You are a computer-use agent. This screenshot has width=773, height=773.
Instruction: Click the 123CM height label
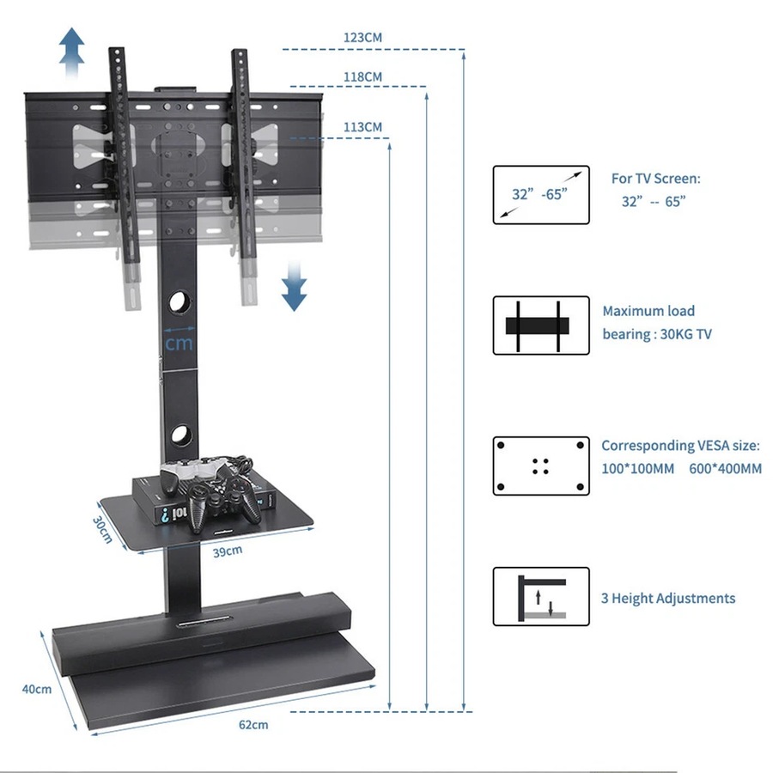pyautogui.click(x=362, y=38)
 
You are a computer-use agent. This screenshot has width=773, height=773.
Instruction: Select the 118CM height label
pyautogui.click(x=362, y=76)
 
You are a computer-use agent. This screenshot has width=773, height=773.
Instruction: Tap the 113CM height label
pyautogui.click(x=362, y=127)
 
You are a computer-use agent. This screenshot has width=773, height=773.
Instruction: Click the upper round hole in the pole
pyautogui.click(x=180, y=302)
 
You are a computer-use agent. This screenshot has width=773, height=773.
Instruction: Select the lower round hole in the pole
pyautogui.click(x=180, y=435)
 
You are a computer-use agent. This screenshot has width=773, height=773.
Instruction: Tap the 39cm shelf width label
pyautogui.click(x=227, y=551)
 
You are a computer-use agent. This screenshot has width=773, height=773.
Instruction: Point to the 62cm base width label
pyautogui.click(x=253, y=724)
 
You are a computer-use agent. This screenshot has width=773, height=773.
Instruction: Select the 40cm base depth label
pyautogui.click(x=37, y=689)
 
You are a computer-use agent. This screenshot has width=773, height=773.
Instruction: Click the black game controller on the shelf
pyautogui.click(x=225, y=497)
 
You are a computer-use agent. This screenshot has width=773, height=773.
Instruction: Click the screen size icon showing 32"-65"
pyautogui.click(x=541, y=195)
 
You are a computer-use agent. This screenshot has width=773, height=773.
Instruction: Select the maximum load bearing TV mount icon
pyautogui.click(x=541, y=326)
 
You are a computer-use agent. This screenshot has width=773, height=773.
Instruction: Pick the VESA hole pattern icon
pyautogui.click(x=541, y=466)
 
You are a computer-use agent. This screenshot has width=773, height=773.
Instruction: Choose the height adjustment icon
pyautogui.click(x=541, y=596)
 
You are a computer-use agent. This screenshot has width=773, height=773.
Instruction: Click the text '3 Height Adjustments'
pyautogui.click(x=667, y=598)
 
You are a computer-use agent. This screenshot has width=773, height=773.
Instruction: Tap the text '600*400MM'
pyautogui.click(x=725, y=469)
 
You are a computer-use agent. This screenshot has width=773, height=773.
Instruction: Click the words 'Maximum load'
pyautogui.click(x=648, y=311)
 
